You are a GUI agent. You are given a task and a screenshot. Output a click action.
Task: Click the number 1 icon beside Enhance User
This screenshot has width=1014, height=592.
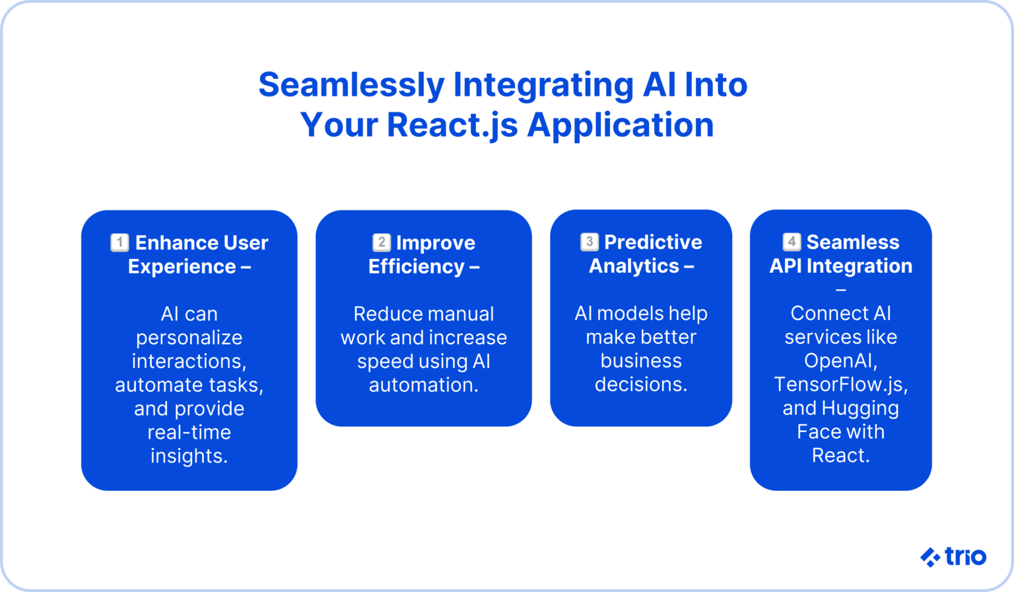coord(119,242)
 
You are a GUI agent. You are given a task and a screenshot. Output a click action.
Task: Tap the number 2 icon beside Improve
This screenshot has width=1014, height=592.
coord(382,242)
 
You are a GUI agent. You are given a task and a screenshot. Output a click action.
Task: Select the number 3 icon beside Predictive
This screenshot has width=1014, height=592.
coord(590,242)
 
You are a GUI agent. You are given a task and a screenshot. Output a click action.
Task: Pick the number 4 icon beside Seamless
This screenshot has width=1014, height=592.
coord(792,242)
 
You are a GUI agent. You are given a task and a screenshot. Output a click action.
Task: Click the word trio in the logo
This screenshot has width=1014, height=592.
coord(965,556)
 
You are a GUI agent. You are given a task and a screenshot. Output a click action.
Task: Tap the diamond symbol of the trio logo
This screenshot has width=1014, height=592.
coord(930,558)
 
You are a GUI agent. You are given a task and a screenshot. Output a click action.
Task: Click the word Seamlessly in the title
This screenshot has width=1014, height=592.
coord(351,85)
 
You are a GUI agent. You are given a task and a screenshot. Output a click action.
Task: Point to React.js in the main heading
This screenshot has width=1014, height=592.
coord(452,126)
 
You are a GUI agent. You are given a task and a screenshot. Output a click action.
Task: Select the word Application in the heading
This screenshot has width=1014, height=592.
coord(621,126)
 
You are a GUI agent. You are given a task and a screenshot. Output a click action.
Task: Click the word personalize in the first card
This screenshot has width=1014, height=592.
coord(189,338)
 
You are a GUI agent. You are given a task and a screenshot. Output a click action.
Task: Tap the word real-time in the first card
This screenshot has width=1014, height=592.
coord(189,432)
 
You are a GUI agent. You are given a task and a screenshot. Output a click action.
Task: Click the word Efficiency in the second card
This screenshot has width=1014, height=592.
coord(417,266)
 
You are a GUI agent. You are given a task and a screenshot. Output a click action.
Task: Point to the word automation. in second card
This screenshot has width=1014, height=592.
coord(424,385)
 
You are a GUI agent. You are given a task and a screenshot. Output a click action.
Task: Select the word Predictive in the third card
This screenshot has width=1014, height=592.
coord(653,242)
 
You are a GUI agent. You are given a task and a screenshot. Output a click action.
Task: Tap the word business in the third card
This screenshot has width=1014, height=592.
coord(641,361)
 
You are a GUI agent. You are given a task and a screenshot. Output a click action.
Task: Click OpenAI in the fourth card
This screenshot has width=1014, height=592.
coord(839,361)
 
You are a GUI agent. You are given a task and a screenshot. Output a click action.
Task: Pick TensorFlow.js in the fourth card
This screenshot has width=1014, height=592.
coord(840,385)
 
